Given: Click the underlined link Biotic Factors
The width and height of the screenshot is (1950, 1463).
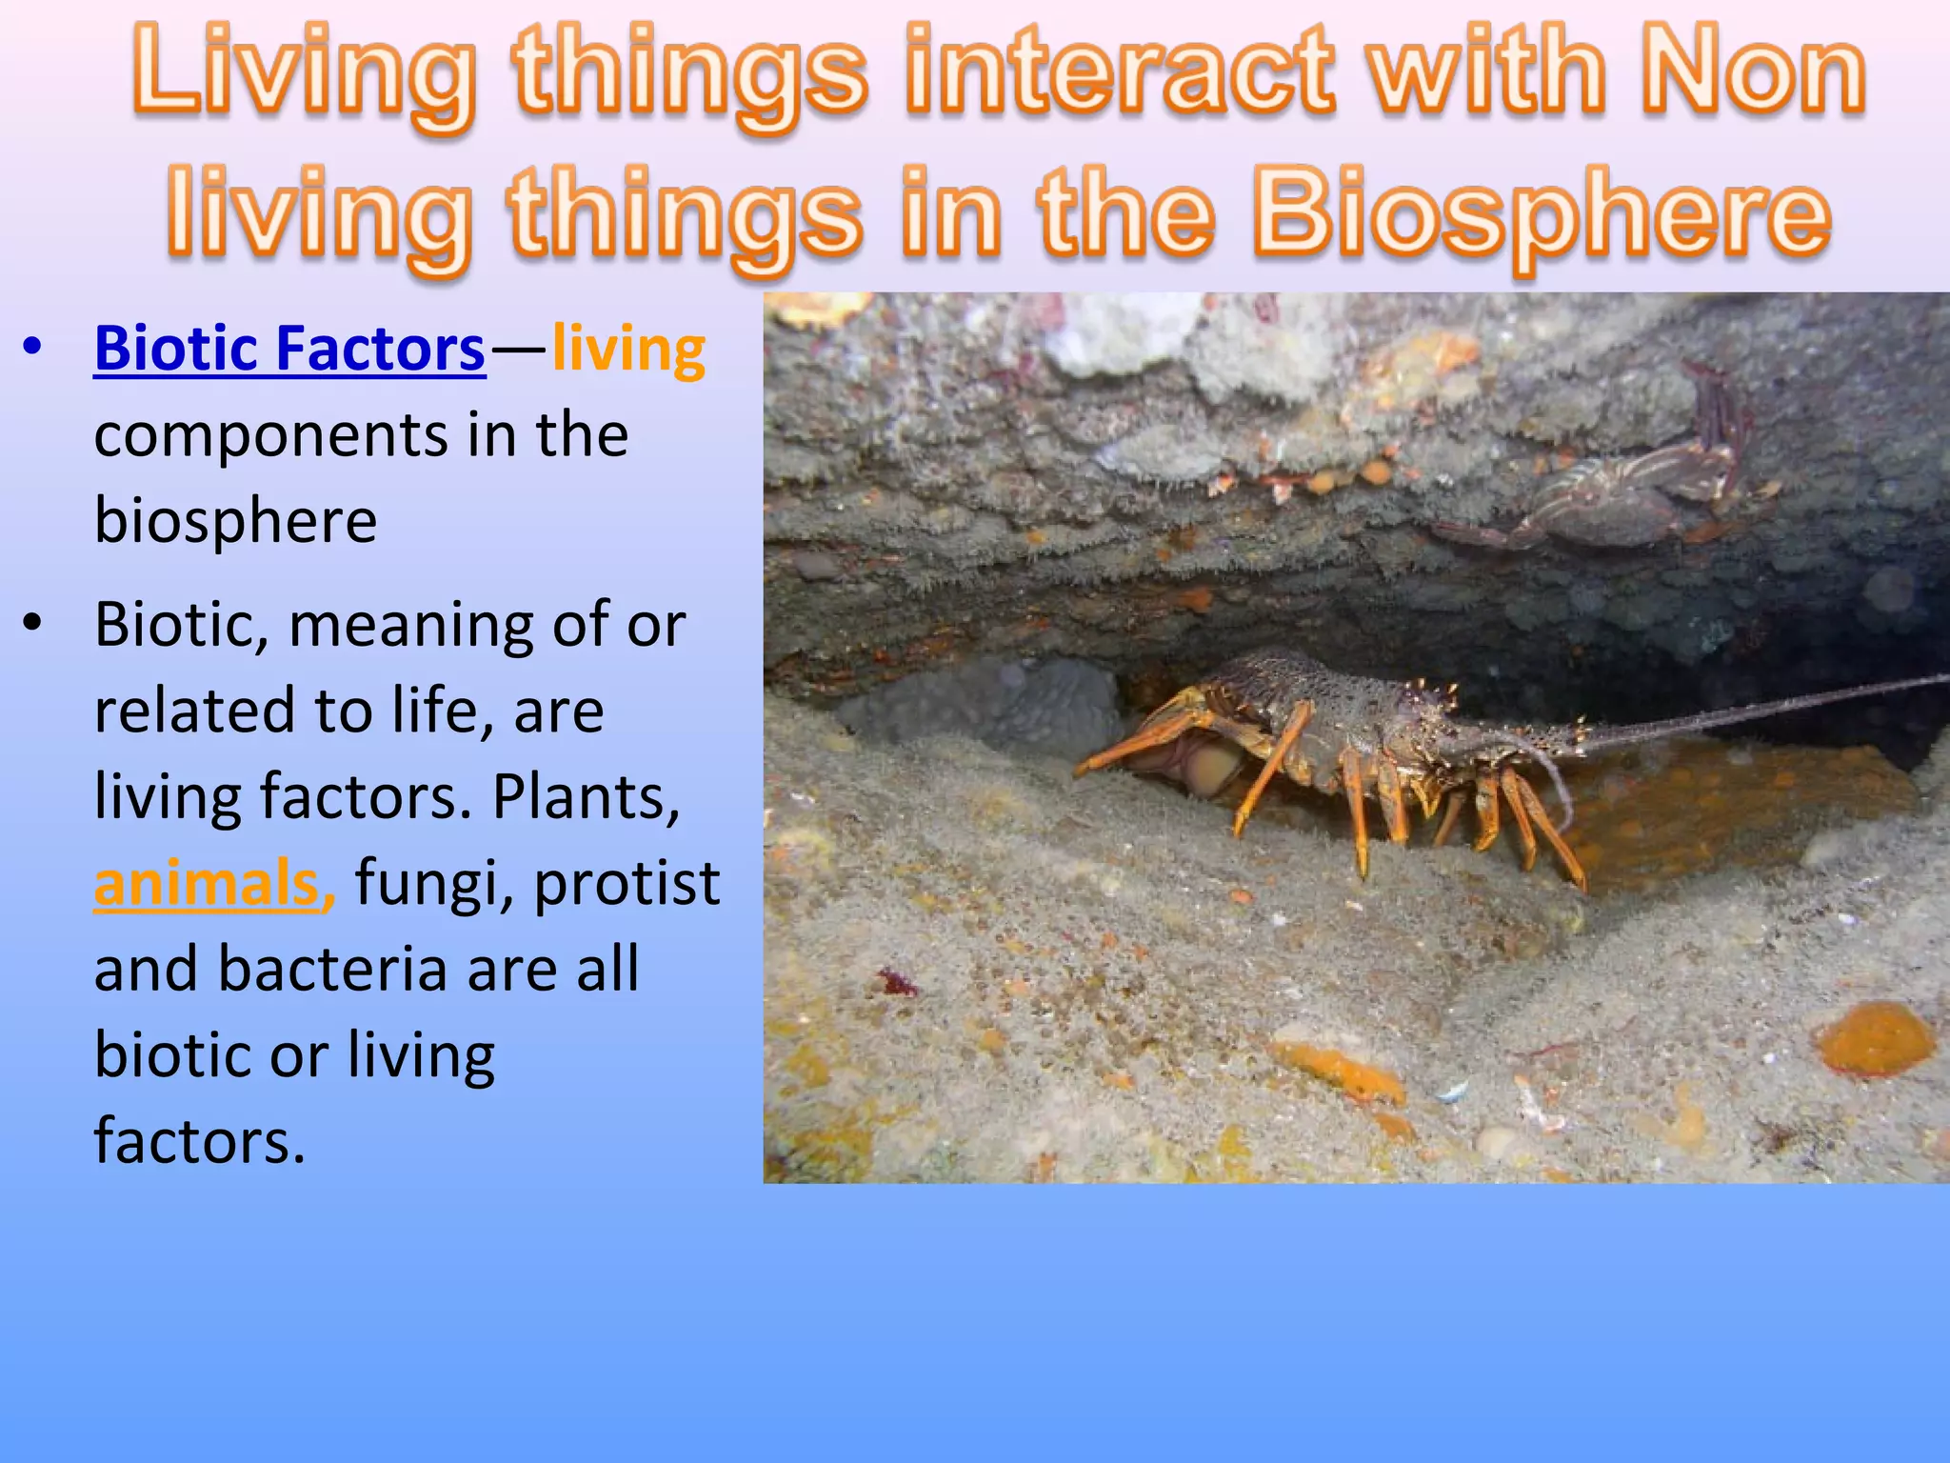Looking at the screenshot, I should (289, 349).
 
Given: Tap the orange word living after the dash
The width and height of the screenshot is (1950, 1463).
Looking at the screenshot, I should (628, 349).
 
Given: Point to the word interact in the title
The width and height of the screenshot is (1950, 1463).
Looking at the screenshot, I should (1120, 71).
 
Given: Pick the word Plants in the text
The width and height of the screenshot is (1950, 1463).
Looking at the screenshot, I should (586, 796).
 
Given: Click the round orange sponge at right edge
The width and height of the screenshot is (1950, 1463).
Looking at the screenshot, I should (1876, 1038).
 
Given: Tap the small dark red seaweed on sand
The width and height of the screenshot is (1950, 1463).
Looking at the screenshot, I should (895, 981).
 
